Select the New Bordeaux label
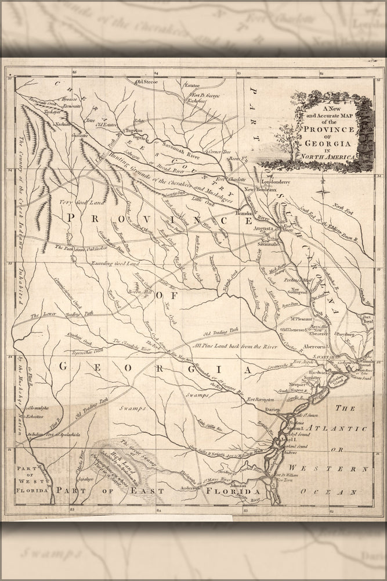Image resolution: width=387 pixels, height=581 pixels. point(256,190)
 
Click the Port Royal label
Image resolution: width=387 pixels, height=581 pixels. point(367,318)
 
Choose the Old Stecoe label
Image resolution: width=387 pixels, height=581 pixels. point(147,82)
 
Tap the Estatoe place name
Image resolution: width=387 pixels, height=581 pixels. point(191,85)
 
